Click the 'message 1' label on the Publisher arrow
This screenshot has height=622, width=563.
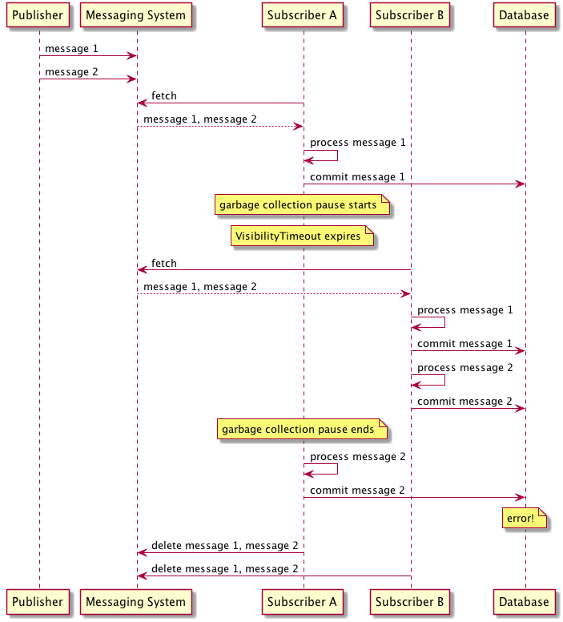[71, 49]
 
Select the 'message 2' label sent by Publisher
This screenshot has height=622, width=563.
[71, 72]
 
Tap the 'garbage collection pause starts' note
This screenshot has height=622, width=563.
[302, 205]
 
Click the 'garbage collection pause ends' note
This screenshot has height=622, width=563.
[302, 430]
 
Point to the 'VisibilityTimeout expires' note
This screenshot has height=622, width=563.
[302, 236]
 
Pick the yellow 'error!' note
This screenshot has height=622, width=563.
[524, 519]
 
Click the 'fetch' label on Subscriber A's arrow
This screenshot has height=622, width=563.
[164, 96]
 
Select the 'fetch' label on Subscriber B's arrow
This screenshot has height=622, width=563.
[164, 263]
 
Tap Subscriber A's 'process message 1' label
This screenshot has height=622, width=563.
[357, 143]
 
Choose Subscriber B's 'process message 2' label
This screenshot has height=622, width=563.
[464, 368]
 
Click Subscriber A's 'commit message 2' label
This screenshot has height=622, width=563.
[357, 490]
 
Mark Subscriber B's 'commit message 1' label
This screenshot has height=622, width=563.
[464, 344]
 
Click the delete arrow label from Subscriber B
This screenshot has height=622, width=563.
[225, 569]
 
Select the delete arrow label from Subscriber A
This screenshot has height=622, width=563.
[225, 546]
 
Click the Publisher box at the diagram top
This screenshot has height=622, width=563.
[38, 15]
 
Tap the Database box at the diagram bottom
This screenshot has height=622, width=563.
[524, 602]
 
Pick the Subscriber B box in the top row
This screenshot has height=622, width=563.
[411, 15]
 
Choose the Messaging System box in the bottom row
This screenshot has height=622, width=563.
[135, 602]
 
